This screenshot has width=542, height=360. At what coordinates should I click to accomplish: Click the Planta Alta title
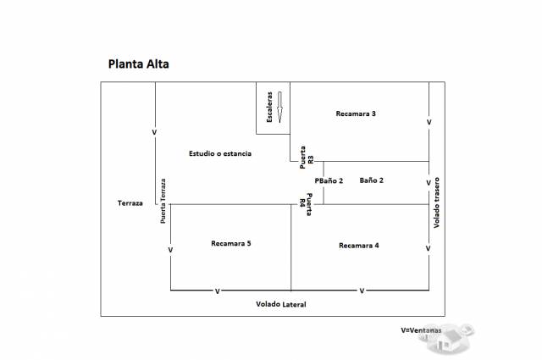tap(139, 64)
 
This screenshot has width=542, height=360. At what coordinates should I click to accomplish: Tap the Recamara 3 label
tap(356, 114)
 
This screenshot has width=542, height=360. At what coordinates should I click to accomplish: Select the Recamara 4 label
tap(359, 246)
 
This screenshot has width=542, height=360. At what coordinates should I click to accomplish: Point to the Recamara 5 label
tap(231, 243)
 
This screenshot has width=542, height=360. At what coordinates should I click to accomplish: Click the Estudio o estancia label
tap(220, 153)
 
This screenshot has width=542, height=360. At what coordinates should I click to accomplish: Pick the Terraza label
tap(130, 203)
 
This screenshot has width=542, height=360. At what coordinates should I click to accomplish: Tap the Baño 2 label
tap(371, 180)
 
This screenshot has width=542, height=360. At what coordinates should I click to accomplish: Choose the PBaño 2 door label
tap(329, 181)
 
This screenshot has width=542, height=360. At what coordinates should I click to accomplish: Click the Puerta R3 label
tap(307, 158)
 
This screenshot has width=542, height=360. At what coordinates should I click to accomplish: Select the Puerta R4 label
tap(306, 204)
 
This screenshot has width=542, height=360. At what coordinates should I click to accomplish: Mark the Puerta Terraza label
tap(163, 201)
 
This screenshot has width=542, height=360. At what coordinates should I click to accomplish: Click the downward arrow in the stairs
tap(279, 108)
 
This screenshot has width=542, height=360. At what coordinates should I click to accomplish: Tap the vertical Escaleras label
tap(269, 107)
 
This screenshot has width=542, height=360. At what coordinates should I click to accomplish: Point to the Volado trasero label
tap(437, 202)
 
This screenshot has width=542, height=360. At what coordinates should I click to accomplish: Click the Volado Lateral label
tap(281, 304)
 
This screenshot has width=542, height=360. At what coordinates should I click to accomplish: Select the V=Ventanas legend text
tap(421, 330)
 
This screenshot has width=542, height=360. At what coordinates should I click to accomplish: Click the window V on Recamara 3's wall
tap(429, 122)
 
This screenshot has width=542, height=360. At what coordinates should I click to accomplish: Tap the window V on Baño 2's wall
tap(429, 183)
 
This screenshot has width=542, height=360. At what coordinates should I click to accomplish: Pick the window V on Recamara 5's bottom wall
tap(218, 291)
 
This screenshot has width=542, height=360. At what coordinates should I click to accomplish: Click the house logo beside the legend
tap(447, 339)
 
